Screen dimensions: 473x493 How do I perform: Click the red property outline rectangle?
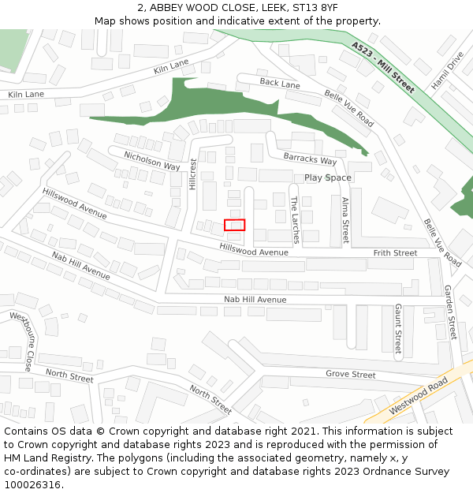point(235,225)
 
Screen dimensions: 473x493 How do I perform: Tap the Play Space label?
point(328,177)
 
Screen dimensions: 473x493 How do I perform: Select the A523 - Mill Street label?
point(383,68)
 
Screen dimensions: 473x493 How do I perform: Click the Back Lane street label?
point(280,83)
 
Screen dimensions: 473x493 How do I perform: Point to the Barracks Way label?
point(310,159)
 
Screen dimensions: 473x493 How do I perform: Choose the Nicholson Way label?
point(151,160)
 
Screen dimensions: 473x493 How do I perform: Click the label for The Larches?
point(295,220)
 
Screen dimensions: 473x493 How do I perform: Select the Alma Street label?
point(345,220)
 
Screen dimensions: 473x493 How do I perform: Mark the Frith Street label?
point(395,253)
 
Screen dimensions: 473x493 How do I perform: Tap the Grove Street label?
point(351,374)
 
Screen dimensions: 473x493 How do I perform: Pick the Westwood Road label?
point(419,396)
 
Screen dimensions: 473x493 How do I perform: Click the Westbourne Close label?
point(21,341)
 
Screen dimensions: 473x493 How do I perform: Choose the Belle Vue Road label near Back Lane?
point(349,108)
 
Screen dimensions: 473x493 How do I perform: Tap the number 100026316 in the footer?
point(32,485)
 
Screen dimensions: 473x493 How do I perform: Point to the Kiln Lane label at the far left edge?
point(26,95)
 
